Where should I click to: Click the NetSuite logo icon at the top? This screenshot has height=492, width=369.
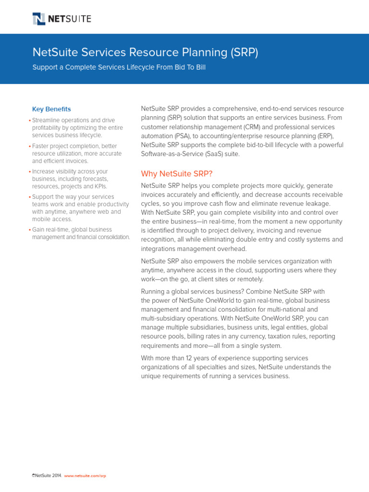pos(39,19)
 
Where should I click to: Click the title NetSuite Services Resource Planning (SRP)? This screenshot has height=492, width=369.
pos(145,52)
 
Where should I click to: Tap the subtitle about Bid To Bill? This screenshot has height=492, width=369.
pos(119,67)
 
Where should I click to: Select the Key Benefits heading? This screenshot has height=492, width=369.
pos(51,109)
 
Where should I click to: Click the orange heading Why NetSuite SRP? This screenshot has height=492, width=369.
pos(176,173)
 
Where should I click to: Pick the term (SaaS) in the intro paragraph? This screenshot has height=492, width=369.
pos(218,154)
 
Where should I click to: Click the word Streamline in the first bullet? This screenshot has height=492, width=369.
pos(47,120)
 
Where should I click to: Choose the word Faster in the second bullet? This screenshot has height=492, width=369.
pos(41,146)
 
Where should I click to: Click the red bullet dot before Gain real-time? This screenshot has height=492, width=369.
pos(30,230)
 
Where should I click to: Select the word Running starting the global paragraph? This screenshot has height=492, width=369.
pos(153,291)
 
